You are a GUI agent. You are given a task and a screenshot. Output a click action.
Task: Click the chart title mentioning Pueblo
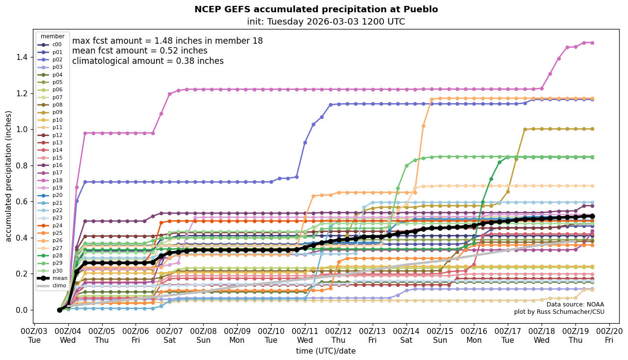click(316, 9)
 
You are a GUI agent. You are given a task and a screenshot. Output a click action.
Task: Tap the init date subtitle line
click(326, 22)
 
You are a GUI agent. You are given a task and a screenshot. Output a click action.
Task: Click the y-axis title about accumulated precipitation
click(8, 176)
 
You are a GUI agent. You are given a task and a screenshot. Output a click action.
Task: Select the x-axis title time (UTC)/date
click(326, 351)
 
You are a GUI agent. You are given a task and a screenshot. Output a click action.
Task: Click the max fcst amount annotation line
click(167, 41)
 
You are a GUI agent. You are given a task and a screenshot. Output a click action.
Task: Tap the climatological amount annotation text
click(148, 61)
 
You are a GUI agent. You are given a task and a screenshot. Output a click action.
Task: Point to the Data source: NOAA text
click(575, 305)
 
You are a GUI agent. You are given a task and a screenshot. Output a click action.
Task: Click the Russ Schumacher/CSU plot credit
click(559, 312)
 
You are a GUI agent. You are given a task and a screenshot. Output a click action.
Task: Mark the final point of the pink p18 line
click(592, 43)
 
